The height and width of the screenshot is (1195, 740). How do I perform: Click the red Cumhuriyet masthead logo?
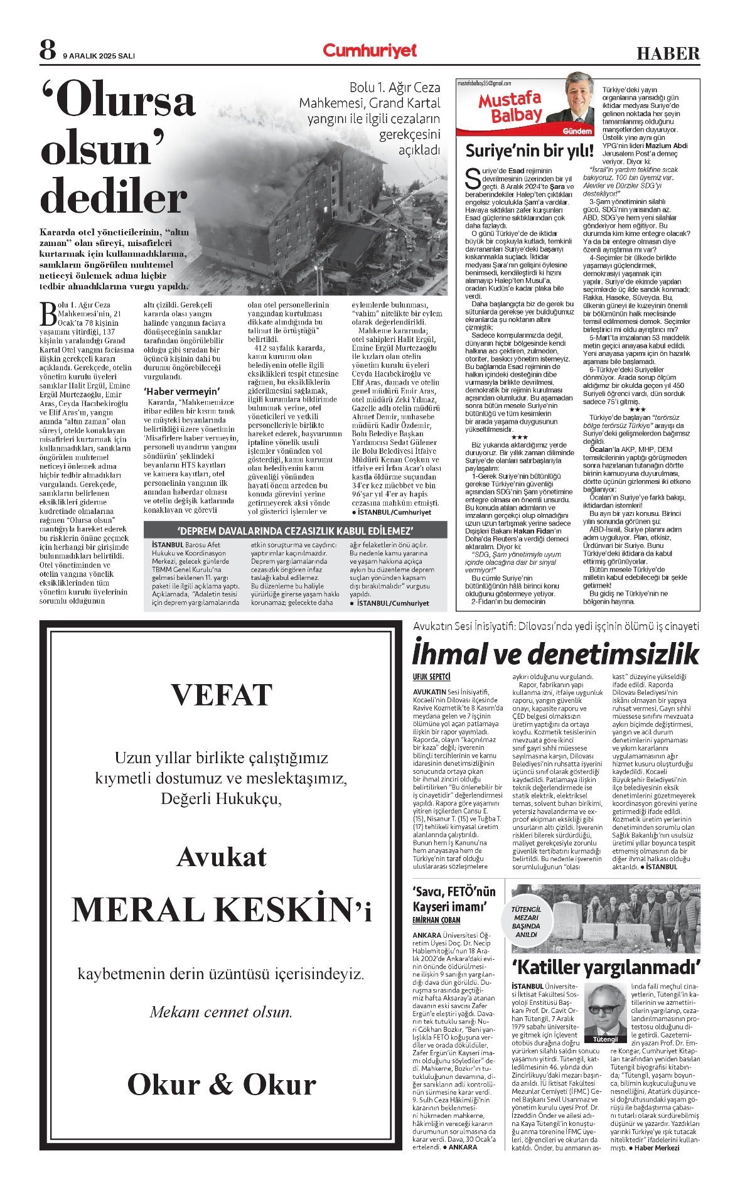370,51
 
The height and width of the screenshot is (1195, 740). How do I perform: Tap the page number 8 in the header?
48,50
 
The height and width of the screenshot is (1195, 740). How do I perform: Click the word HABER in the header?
668,53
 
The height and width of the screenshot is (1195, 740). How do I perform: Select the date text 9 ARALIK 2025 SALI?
99,56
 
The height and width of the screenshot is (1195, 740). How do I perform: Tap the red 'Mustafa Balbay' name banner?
509,107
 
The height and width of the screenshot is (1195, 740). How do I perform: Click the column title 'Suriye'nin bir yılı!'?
529,151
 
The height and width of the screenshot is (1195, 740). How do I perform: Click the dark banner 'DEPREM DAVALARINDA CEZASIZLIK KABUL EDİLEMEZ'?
295,530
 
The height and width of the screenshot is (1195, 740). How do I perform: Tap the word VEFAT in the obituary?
221,695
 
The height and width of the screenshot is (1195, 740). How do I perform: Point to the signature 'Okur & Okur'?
221,1084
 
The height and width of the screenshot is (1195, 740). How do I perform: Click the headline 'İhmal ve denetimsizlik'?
555,653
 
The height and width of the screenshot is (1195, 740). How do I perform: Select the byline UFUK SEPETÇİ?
431,677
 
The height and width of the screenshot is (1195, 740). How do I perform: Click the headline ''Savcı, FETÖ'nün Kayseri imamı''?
454,899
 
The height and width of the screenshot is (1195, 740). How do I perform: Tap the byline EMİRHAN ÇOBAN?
436,920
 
